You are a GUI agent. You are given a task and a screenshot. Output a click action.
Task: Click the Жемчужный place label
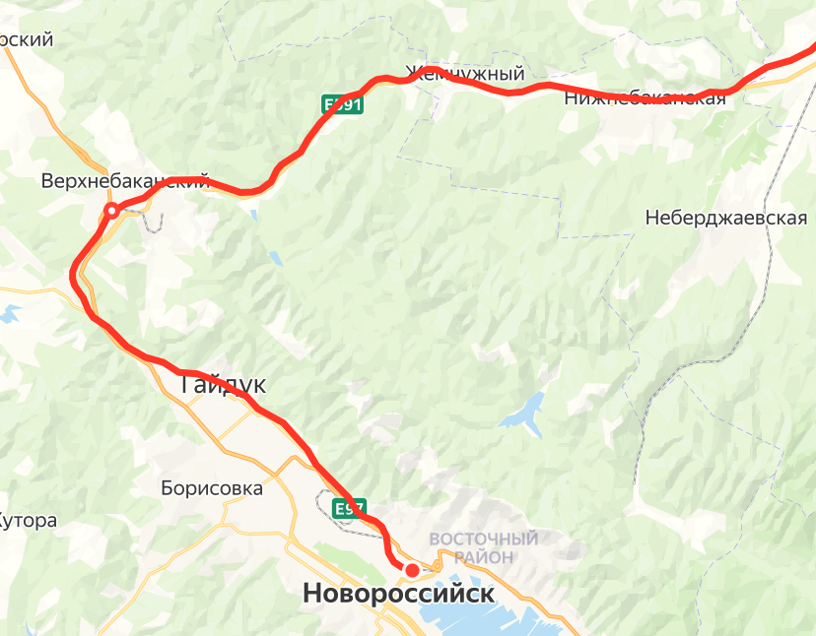(x=463, y=74)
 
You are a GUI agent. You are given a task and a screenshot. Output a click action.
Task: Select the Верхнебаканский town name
(x=125, y=181)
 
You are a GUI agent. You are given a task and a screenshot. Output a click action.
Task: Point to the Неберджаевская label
(x=726, y=219)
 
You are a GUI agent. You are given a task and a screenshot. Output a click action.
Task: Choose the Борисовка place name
(x=212, y=488)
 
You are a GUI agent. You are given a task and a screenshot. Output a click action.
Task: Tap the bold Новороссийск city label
(x=398, y=594)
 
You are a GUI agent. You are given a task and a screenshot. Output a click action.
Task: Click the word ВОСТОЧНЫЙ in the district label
(x=484, y=540)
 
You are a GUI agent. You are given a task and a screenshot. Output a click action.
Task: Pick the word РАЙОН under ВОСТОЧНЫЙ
(x=484, y=557)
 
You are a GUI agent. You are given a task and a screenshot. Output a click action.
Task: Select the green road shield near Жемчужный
(x=343, y=104)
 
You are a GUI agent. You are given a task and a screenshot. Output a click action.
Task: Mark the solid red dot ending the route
(x=412, y=569)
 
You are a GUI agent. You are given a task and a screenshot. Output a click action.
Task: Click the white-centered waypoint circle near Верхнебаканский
(x=112, y=210)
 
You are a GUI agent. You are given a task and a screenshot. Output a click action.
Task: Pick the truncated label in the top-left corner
(x=25, y=40)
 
